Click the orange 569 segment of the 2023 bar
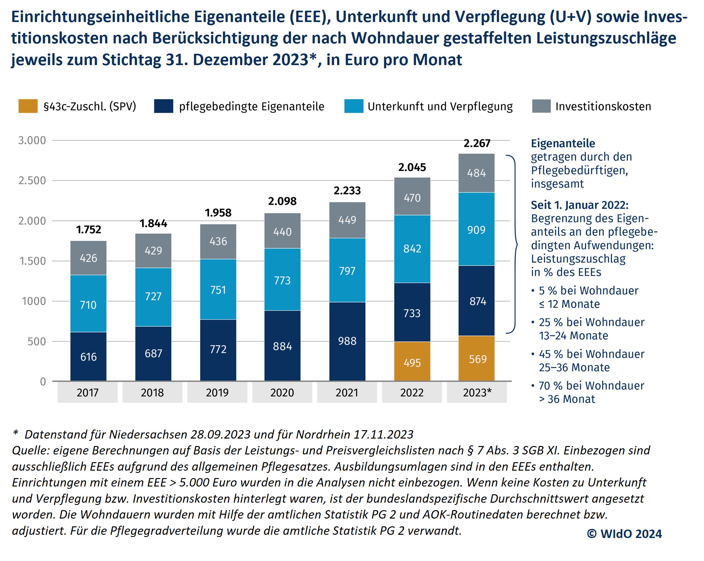point(477,359)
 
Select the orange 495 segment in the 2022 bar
point(412,362)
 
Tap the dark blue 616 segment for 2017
point(88,356)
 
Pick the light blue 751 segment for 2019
point(218,289)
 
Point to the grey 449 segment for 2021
point(347,220)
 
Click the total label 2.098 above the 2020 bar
point(282,201)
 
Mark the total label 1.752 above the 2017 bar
point(88,230)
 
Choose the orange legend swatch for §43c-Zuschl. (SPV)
point(28,107)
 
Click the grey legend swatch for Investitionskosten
point(541,107)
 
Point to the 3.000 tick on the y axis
point(32,141)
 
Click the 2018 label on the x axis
point(152,393)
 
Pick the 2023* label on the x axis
point(477,393)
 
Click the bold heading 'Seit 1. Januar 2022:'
point(579,205)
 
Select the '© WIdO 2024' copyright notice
point(624,533)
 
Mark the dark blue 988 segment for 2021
point(347,341)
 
